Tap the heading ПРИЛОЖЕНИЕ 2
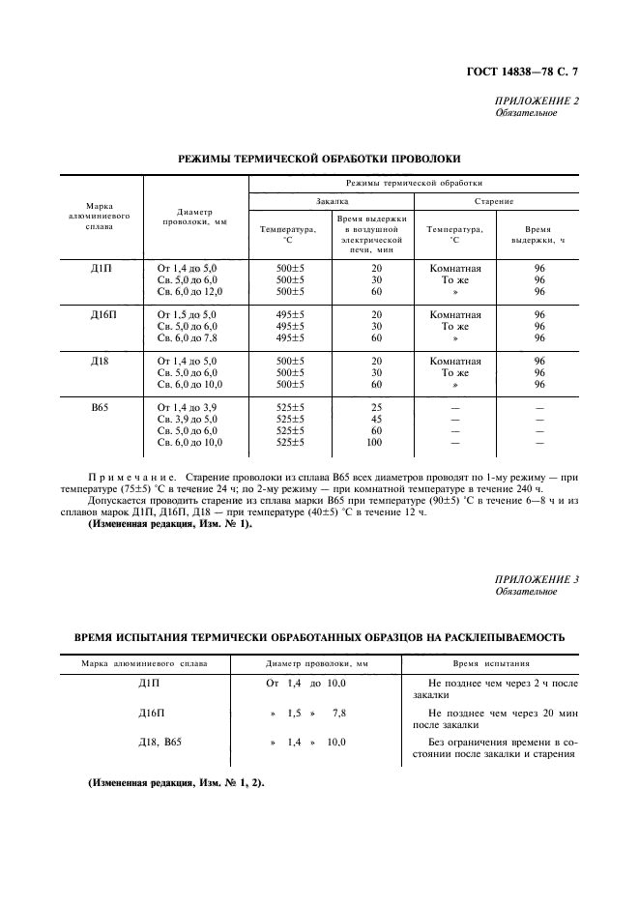(537, 101)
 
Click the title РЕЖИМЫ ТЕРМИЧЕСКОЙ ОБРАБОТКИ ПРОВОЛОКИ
(319, 158)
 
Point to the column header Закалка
(332, 201)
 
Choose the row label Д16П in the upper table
(100, 314)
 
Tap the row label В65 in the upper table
(99, 407)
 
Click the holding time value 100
(376, 442)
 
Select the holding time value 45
(376, 419)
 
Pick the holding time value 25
(376, 407)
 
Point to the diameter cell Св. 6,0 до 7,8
(188, 337)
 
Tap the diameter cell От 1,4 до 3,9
(187, 407)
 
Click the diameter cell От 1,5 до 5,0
(187, 314)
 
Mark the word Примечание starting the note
(131, 478)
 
